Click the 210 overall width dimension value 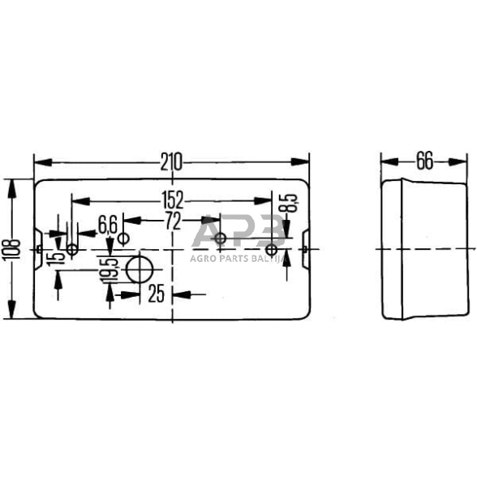click(x=170, y=161)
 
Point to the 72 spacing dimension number click(x=173, y=221)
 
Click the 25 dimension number click(x=157, y=293)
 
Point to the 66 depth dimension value click(x=424, y=161)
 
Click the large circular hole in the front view click(x=141, y=270)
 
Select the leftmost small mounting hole click(x=73, y=249)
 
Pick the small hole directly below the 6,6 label click(x=123, y=238)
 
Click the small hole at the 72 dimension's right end click(x=220, y=238)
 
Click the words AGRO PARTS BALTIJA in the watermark click(x=235, y=258)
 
